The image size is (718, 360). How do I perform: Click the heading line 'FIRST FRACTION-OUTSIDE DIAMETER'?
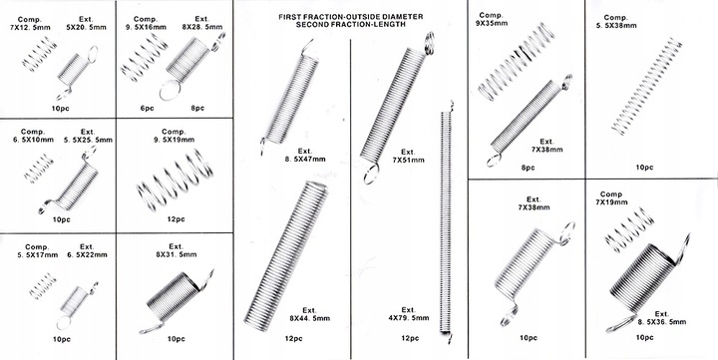351,17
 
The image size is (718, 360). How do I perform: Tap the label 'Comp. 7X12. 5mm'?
34,24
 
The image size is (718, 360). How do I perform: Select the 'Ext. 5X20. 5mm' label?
86,23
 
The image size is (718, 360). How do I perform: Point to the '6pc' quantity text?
147,109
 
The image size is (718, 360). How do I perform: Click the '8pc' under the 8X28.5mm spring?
197,109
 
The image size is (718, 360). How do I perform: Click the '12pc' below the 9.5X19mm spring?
176,219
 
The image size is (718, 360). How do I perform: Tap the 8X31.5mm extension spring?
177,301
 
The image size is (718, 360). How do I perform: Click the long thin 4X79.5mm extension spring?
446,222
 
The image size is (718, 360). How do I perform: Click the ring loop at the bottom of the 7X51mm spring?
371,174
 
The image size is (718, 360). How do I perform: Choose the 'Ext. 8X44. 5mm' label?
309,314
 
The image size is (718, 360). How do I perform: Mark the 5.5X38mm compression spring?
647,87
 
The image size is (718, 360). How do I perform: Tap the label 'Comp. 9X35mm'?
492,19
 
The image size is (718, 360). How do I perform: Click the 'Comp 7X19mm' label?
611,197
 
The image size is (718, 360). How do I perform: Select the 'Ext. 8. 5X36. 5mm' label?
662,318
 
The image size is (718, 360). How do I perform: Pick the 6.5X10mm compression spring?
39,169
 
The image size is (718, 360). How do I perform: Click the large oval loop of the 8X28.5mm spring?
170,90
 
